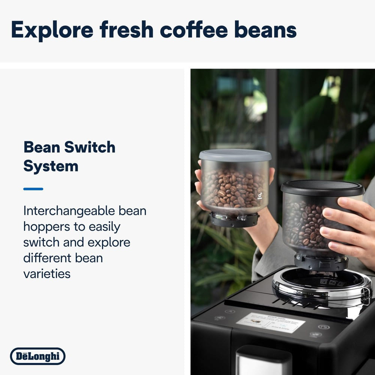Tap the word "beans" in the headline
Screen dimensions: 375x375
tap(265, 30)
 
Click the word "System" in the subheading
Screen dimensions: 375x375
tap(51, 166)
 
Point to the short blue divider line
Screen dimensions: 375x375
tap(33, 189)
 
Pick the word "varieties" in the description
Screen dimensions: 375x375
tap(47, 273)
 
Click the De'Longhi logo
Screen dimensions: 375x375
tap(37, 356)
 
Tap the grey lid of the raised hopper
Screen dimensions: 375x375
tap(235, 155)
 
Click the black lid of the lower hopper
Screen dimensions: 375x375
tap(322, 187)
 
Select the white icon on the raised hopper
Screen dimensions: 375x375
tap(260, 196)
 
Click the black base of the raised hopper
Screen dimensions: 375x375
tap(234, 220)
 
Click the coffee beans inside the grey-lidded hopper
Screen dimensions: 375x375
tap(232, 189)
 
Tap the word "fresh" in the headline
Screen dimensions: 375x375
tap(127, 30)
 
